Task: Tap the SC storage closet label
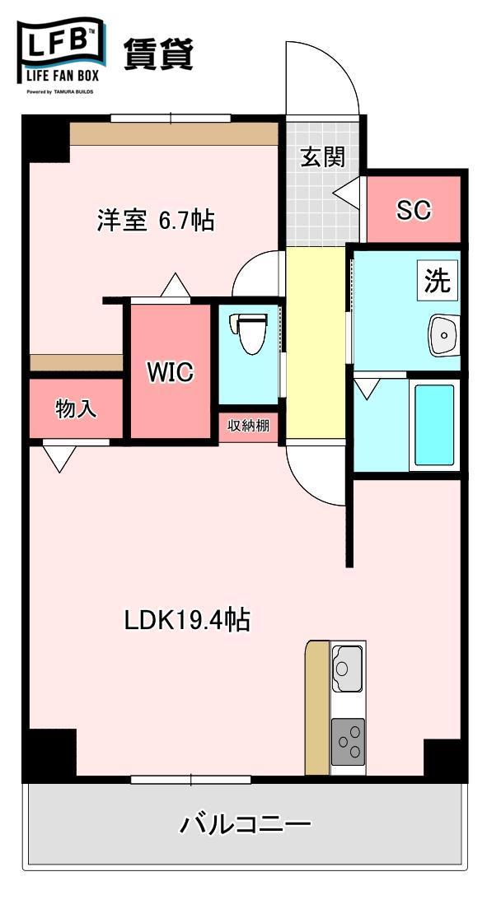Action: tap(414, 211)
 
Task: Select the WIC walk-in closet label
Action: tap(171, 372)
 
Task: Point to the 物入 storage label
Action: tap(76, 409)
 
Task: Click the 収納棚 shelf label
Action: tap(248, 426)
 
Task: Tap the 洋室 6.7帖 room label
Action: tap(156, 220)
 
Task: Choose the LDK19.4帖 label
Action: tap(187, 620)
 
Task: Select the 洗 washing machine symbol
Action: tap(438, 281)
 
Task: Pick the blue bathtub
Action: tap(434, 425)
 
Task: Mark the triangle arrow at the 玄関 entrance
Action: tap(347, 191)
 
